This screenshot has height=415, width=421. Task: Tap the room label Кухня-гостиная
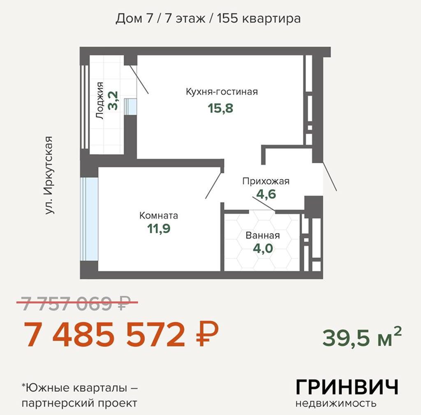(x=222, y=91)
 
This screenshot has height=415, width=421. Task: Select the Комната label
(x=159, y=216)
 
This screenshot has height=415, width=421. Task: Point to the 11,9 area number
(x=159, y=228)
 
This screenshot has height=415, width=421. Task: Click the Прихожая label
(x=266, y=181)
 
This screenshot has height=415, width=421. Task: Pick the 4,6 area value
(x=266, y=194)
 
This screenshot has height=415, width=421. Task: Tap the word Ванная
(x=263, y=236)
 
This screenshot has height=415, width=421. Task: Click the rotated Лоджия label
(x=99, y=101)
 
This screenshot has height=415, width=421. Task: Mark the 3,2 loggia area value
(x=113, y=101)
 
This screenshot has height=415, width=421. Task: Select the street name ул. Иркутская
(x=50, y=175)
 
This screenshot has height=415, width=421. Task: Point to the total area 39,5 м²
(x=361, y=337)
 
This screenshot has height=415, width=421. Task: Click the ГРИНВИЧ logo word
(x=347, y=387)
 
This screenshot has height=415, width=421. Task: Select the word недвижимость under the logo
(x=336, y=403)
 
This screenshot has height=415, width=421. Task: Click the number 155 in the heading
(x=227, y=19)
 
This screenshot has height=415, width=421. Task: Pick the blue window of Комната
(x=89, y=219)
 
